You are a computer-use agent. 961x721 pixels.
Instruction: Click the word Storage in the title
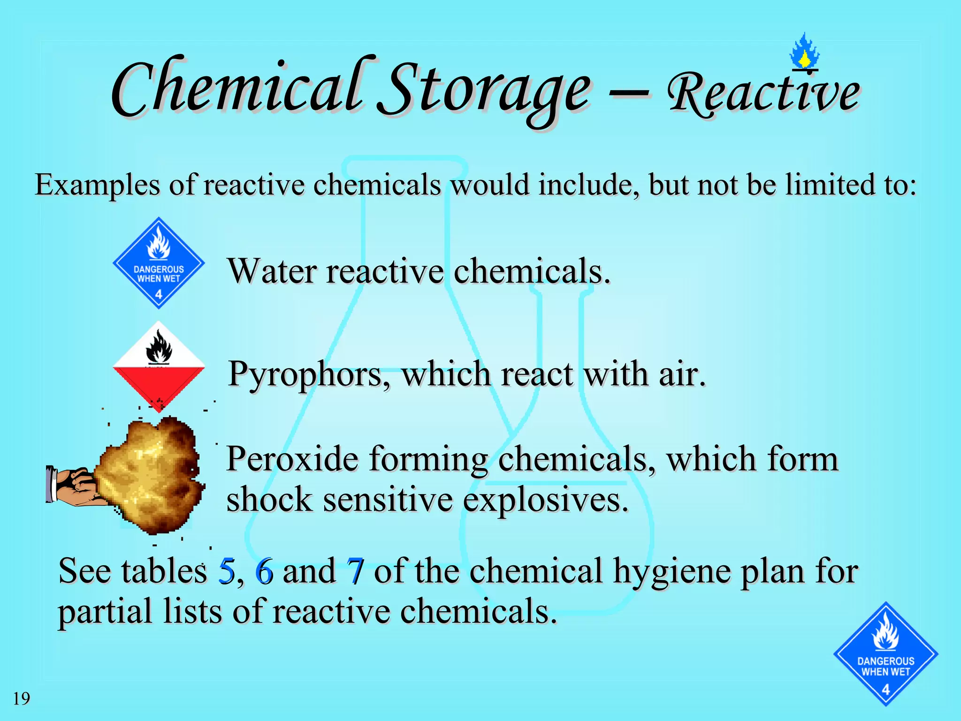point(486,92)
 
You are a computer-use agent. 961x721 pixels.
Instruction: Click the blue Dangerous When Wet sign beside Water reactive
point(159,263)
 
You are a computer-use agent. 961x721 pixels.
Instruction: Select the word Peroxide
point(292,459)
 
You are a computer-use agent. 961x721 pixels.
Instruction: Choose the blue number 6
point(264,571)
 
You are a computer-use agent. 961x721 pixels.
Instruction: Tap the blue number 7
point(355,571)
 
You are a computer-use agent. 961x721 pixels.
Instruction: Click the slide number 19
point(21,698)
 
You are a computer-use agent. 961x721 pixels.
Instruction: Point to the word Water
point(272,271)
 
